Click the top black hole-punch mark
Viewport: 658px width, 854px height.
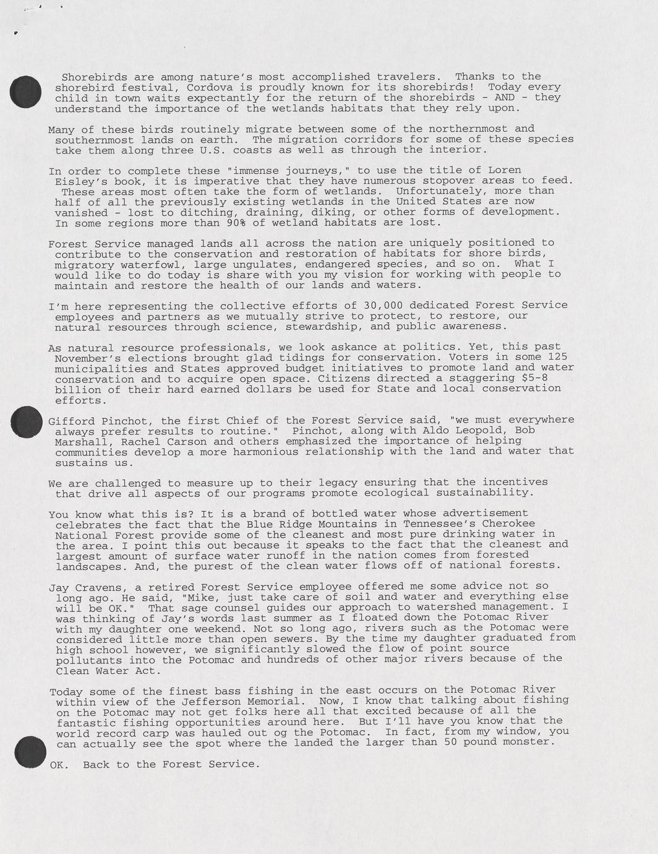pyautogui.click(x=25, y=91)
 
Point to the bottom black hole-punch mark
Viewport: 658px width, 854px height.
pyautogui.click(x=30, y=752)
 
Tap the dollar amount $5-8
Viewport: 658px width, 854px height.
pyautogui.click(x=532, y=377)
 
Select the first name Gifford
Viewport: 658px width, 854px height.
pyautogui.click(x=72, y=421)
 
